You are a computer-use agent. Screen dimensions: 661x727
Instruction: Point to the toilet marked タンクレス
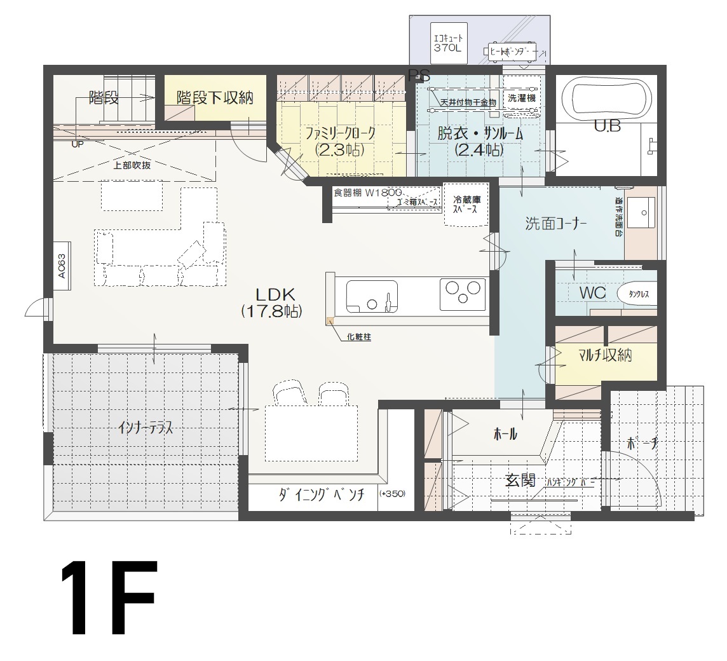[x=636, y=294]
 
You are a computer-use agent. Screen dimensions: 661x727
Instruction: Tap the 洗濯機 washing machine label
[x=522, y=99]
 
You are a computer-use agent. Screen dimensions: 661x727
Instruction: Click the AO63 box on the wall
[x=62, y=265]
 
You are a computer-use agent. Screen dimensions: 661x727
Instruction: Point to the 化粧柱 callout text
[x=359, y=337]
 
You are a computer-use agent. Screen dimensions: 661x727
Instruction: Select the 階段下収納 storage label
[x=215, y=98]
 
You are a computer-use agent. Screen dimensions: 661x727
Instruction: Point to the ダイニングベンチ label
[x=321, y=496]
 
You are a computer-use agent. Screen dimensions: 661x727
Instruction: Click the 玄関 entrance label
[x=520, y=480]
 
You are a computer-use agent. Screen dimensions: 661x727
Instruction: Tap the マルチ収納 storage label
[x=605, y=355]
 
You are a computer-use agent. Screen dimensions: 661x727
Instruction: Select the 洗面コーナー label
[x=555, y=223]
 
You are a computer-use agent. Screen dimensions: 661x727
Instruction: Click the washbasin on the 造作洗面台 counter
[x=646, y=211]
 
